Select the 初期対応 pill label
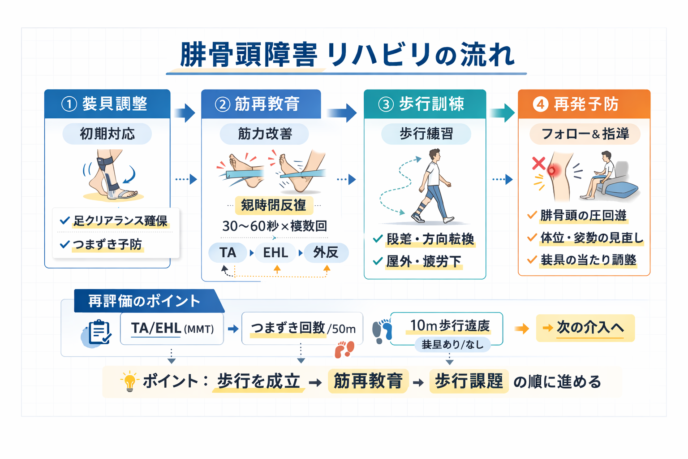coord(107,134)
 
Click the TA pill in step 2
coord(228,252)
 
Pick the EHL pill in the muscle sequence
coord(275,252)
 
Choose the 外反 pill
coord(326,252)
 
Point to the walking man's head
coord(434,155)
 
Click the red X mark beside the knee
coord(538,163)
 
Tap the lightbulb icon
coord(129,381)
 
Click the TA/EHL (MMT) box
coord(172,329)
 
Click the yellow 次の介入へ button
coord(585,328)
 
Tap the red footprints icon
coord(344,349)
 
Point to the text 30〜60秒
coord(250,226)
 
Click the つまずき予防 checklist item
coord(107,244)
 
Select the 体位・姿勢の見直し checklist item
coord(591,238)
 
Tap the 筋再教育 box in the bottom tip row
coord(368,381)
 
